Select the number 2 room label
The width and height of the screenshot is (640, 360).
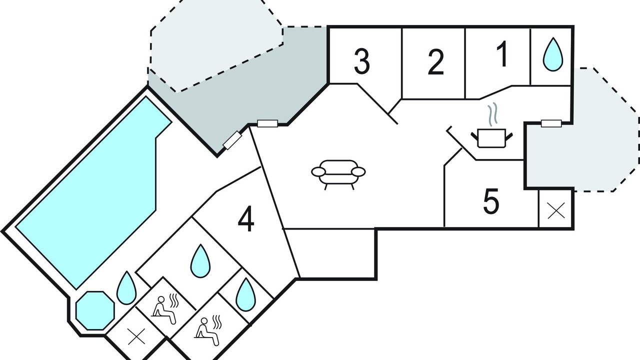(436, 62)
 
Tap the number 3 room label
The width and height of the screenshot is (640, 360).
(362, 61)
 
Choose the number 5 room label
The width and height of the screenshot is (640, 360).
(491, 200)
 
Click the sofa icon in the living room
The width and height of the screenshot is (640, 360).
(338, 174)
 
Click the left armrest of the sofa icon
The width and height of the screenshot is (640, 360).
(318, 171)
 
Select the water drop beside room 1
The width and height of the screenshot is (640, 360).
(553, 55)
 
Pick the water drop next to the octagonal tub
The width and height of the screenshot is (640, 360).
(126, 288)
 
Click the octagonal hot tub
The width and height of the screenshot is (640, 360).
(95, 310)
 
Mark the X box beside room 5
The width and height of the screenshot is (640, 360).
(556, 210)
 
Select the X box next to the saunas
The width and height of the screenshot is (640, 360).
(136, 336)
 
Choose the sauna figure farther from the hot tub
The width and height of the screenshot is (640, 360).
(207, 330)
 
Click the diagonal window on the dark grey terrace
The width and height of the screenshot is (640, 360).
(232, 140)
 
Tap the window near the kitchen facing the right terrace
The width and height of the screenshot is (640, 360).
(551, 123)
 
